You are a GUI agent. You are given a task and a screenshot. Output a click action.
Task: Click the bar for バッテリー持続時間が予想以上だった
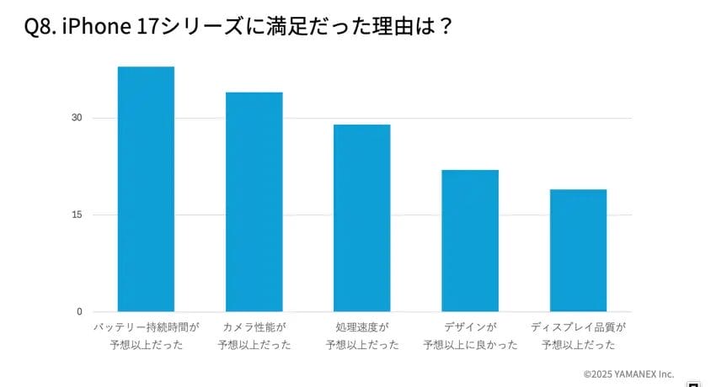(146, 189)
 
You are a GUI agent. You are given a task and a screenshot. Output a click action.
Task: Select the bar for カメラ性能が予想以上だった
(254, 202)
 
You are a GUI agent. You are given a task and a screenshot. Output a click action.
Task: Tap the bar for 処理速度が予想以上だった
(361, 218)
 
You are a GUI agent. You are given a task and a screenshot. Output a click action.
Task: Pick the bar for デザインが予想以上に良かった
(470, 241)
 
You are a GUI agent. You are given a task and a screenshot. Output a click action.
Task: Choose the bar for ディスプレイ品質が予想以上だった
(578, 251)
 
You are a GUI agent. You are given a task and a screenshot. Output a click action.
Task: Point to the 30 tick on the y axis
(76, 118)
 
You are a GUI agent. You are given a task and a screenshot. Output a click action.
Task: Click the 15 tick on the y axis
(76, 215)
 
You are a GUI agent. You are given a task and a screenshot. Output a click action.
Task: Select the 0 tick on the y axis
(78, 312)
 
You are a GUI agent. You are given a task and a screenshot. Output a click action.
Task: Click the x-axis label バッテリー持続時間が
(146, 326)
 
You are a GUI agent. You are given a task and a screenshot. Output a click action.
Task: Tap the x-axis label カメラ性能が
(254, 326)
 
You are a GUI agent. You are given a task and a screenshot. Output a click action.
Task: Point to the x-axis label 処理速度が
(362, 326)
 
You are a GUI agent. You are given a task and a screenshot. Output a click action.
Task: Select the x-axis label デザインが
(470, 326)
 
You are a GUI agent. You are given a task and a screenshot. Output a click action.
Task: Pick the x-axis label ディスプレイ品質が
(579, 326)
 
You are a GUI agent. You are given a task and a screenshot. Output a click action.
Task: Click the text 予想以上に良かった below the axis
(470, 344)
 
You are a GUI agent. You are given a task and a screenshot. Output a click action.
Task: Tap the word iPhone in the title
(94, 27)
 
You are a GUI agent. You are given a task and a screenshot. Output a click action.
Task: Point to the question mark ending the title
(446, 27)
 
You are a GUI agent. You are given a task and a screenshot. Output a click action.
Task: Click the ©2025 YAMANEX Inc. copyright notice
(628, 373)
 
